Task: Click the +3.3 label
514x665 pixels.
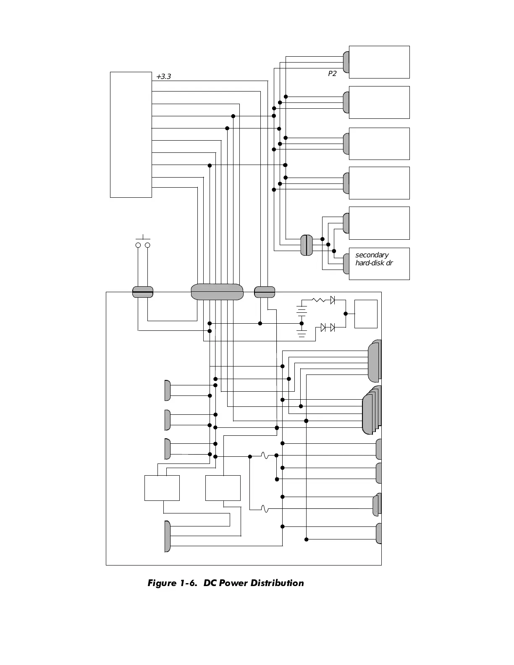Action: point(163,77)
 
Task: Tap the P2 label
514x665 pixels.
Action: point(332,73)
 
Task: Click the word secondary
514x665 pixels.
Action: point(372,255)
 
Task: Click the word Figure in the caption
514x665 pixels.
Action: point(163,583)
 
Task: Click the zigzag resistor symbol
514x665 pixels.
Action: point(319,300)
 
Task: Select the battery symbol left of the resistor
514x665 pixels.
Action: point(302,311)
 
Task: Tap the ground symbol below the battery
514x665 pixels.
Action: point(302,334)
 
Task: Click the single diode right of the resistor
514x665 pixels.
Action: point(332,300)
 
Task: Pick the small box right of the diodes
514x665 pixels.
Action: point(366,314)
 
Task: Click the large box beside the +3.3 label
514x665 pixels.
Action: point(131,134)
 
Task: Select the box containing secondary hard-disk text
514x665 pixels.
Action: point(379,264)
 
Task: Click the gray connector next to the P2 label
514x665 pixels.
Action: point(346,62)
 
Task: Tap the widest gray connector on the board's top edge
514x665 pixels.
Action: point(217,292)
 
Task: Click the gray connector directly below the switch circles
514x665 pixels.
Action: point(143,292)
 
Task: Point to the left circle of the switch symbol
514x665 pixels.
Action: point(138,245)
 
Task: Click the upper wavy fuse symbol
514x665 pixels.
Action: point(265,456)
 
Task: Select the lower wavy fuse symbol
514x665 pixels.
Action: point(265,509)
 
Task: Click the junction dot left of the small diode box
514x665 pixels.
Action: point(346,314)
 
